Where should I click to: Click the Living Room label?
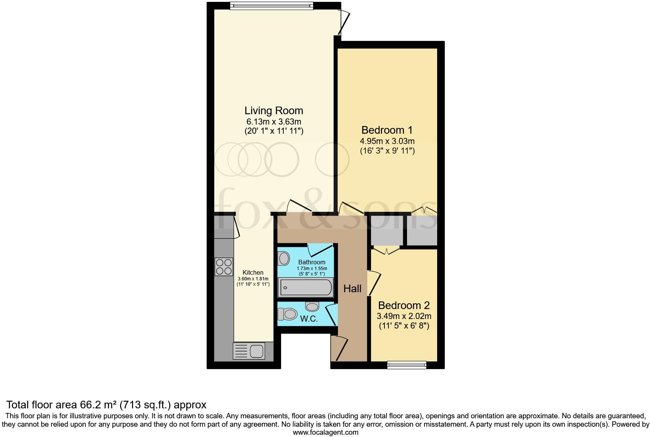point(274,111)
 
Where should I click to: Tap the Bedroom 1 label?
point(387,130)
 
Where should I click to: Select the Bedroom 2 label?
point(404,306)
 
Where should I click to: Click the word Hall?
point(352,289)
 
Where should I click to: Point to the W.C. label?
point(309,319)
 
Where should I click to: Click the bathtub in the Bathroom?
point(306,287)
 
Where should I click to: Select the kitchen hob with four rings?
point(224,267)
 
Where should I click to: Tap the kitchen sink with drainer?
point(249,351)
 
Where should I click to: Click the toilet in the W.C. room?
point(288,314)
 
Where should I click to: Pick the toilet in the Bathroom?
point(283,259)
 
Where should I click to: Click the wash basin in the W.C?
point(312,306)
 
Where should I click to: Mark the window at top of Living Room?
point(272,5)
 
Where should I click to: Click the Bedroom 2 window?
point(406,365)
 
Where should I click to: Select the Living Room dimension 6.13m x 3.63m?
point(274,122)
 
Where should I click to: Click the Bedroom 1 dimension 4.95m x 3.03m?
point(387,141)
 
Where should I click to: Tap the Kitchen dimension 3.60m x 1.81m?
point(253,279)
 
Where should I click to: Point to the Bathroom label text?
point(312,262)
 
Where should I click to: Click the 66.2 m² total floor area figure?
point(95,405)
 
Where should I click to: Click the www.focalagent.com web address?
point(325,432)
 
